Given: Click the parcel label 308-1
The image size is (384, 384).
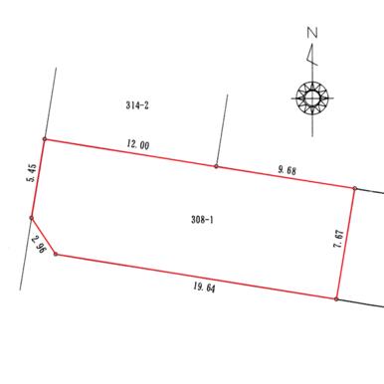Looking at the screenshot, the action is pos(202,220).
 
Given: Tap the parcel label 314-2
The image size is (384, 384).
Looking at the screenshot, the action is pos(137,105).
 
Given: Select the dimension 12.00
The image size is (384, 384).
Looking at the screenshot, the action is pos(138,144).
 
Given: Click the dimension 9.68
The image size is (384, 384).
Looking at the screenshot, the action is pos(287,170).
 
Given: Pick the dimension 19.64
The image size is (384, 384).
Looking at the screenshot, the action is pos(204,288).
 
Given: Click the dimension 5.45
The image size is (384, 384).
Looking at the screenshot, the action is pos(32,173).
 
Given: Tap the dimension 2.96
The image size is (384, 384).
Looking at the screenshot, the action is pos(39,244).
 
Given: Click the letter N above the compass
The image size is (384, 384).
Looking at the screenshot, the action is pos(312,33).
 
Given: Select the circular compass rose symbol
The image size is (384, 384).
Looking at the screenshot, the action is pos(312,97).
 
